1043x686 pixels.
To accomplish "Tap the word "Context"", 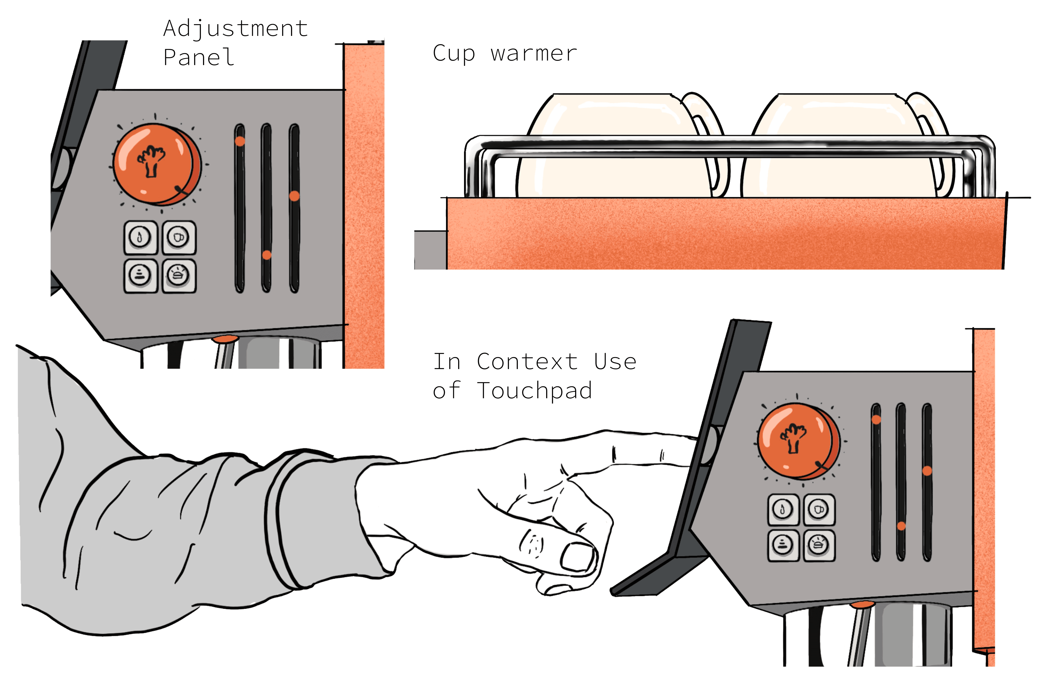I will click(527, 362).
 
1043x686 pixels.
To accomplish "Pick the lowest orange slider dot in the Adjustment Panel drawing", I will click(267, 255).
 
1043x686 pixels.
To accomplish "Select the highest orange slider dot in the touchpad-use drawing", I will click(876, 419).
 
